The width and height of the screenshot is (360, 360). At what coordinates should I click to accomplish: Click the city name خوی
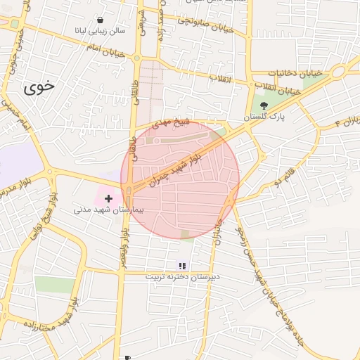(x=39, y=86)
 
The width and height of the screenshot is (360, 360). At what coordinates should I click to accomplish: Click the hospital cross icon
(x=108, y=199)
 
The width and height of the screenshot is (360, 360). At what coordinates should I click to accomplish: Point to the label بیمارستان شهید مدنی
(x=108, y=210)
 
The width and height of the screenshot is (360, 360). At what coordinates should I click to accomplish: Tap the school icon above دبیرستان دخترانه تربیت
(x=182, y=266)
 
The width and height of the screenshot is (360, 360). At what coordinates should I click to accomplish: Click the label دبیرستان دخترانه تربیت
(x=182, y=276)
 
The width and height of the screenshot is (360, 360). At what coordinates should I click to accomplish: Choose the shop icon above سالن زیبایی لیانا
(x=101, y=20)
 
